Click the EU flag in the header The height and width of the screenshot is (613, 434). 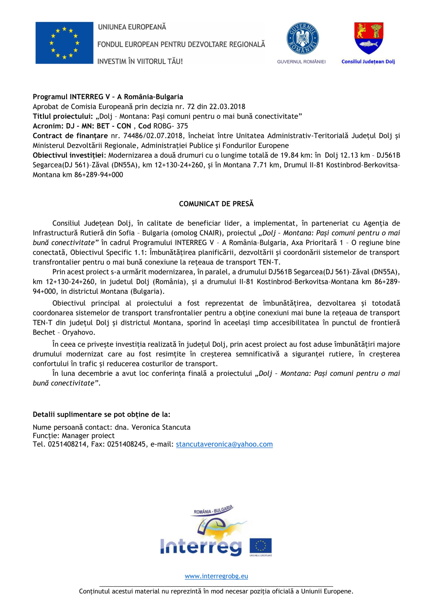coord(64,43)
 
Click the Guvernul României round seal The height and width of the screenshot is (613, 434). coord(302,38)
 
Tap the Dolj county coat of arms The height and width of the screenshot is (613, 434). coord(368,38)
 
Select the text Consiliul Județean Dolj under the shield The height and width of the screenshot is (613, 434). coord(368,62)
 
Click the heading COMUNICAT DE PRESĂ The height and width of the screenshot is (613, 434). coord(216,204)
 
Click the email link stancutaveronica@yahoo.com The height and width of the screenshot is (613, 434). coord(224,444)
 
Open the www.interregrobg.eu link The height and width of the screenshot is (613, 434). coord(216,576)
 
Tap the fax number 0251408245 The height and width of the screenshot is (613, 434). coord(126,444)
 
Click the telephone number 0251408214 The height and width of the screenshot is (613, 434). coord(67,444)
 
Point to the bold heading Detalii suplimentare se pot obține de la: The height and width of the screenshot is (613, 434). coord(101,415)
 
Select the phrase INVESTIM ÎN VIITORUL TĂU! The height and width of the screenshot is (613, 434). coord(140,61)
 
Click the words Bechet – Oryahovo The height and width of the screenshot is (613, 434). coord(64,332)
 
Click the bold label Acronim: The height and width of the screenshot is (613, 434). coord(48,126)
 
